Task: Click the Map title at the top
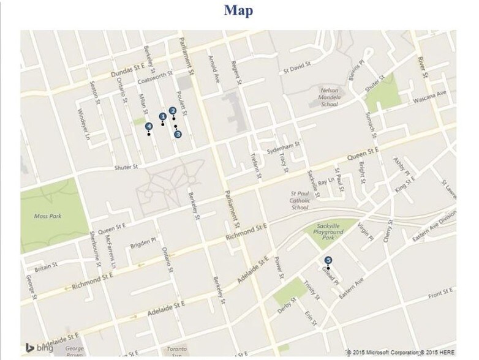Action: coord(238,10)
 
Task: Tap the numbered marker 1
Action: coord(163,116)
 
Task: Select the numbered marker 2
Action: coord(173,111)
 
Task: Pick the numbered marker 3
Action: coord(178,134)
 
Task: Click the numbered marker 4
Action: coord(149,127)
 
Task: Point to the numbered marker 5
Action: coord(328,260)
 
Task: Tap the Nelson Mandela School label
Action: coord(329,96)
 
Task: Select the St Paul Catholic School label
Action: coord(300,200)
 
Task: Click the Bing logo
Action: coord(39,348)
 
